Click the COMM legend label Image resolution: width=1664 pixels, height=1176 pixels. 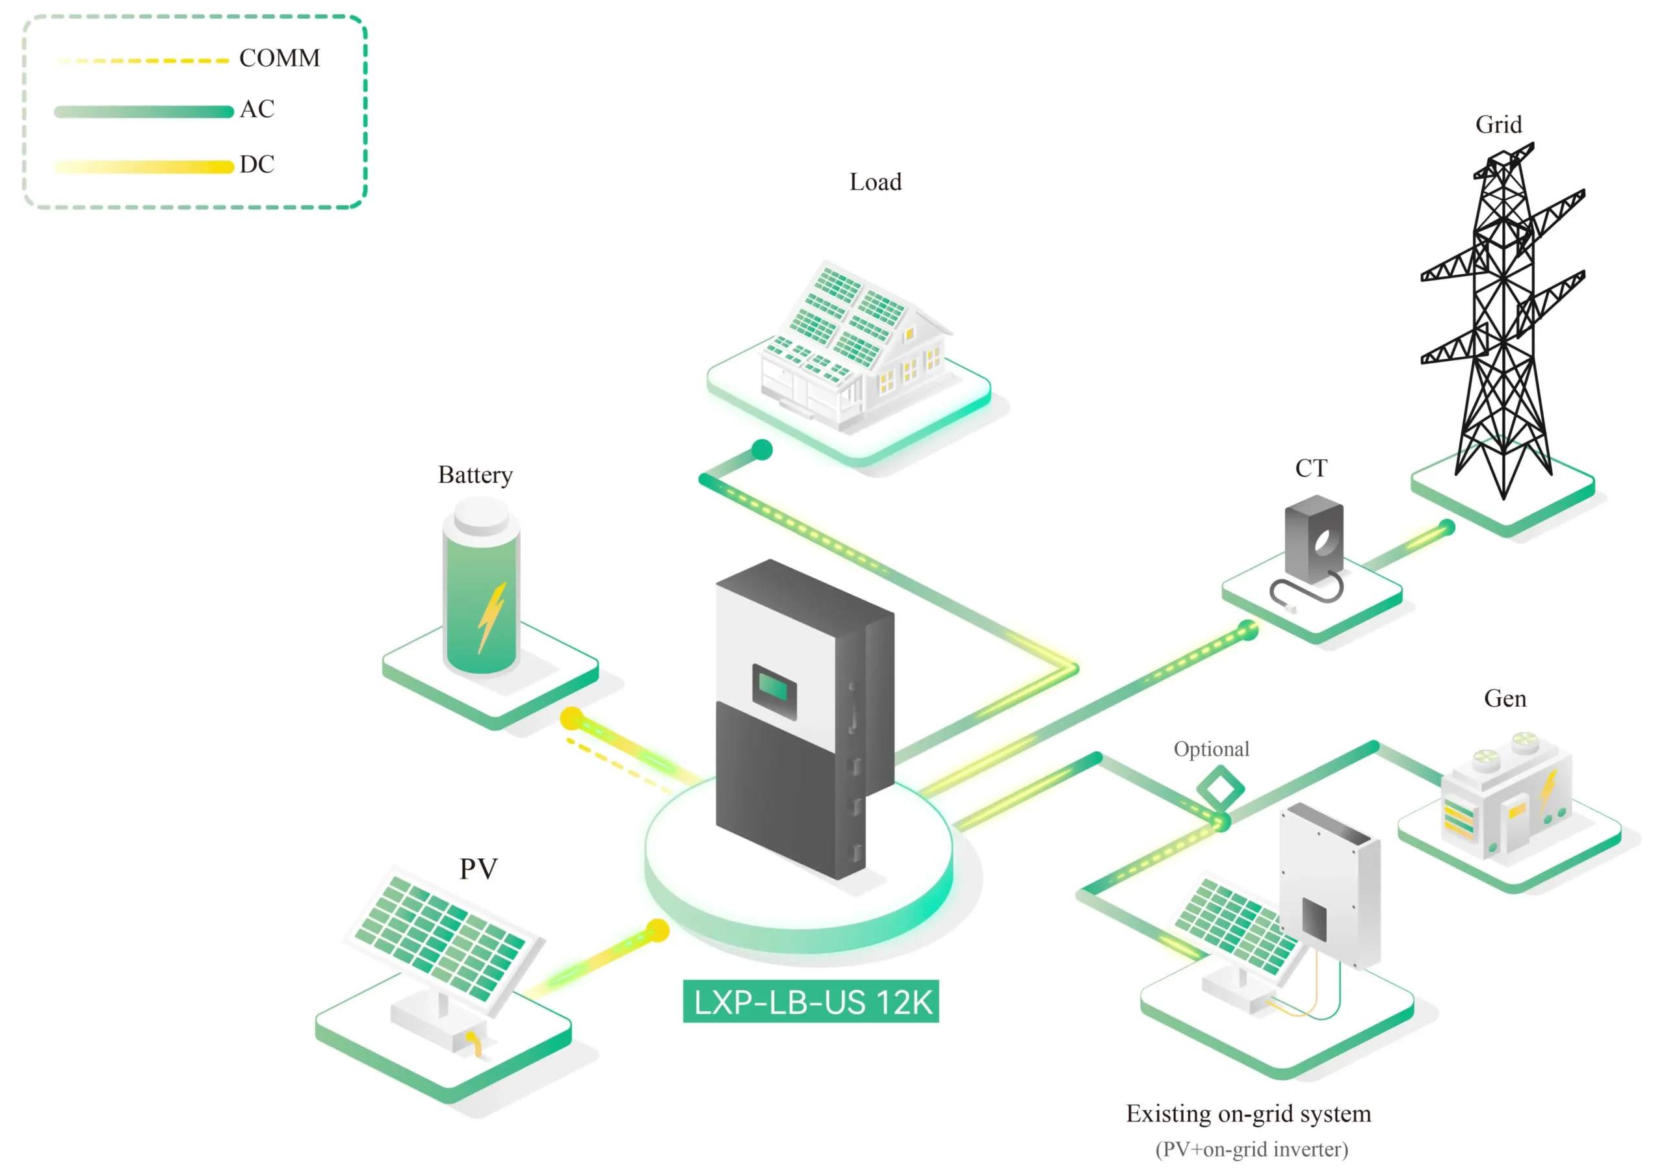point(279,58)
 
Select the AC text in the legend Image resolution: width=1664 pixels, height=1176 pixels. point(257,109)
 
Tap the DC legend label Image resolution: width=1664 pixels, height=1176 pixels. point(257,164)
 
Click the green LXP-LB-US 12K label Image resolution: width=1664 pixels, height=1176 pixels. point(811,1001)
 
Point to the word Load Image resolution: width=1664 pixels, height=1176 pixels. point(876,182)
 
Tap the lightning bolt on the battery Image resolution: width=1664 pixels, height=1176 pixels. point(491,616)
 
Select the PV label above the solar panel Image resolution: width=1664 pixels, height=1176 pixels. point(478,868)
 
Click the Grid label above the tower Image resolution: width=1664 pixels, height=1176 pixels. point(1498,125)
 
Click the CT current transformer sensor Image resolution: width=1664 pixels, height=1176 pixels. point(1313,540)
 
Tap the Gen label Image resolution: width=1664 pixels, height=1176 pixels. point(1505,698)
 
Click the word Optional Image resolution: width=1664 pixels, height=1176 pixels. point(1211,749)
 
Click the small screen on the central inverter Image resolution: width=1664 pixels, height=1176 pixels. point(774,687)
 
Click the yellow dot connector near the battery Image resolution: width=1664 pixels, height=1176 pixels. point(572,718)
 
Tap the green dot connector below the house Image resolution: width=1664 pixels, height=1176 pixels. point(762,450)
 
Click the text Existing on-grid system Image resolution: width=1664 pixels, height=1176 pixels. point(1248,1114)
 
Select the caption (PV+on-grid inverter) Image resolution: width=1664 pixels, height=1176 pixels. point(1252,1150)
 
